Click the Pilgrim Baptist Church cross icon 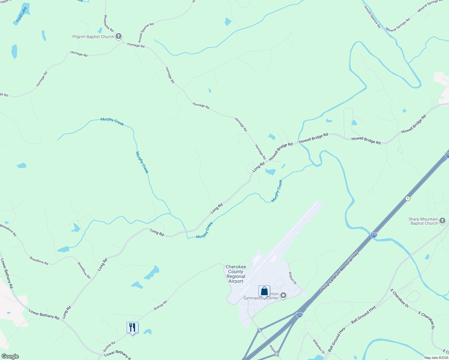coord(119,37)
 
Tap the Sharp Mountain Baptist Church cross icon coord(442,221)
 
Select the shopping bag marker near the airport coord(264,291)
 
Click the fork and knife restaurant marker coord(132,328)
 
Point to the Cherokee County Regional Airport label coord(236,274)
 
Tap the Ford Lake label coord(22,15)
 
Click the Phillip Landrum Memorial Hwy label coord(340,272)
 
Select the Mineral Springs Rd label coord(398,25)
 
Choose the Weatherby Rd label coord(108,23)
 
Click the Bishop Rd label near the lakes coord(160,305)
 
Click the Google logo coord(10,356)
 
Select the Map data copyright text coord(436,358)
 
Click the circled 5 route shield coord(408,198)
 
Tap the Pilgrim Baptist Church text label coord(93,37)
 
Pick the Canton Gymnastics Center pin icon coord(283,296)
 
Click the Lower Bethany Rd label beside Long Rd coord(44,314)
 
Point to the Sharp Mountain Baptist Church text coord(423,221)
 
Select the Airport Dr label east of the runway coord(292,278)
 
